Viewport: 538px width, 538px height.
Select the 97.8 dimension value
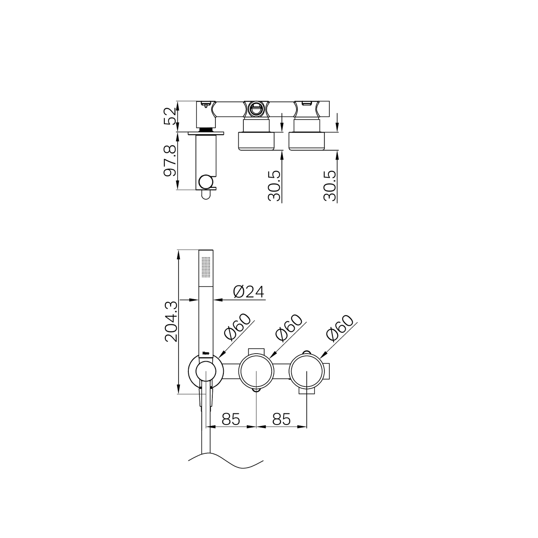[x=170, y=160]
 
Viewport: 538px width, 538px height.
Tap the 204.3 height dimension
[x=171, y=321]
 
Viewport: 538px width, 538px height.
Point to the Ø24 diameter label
[x=248, y=291]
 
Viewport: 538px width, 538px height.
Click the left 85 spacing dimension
[x=231, y=418]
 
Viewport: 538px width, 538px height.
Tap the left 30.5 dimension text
[x=275, y=186]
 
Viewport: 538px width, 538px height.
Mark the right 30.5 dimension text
[x=330, y=186]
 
